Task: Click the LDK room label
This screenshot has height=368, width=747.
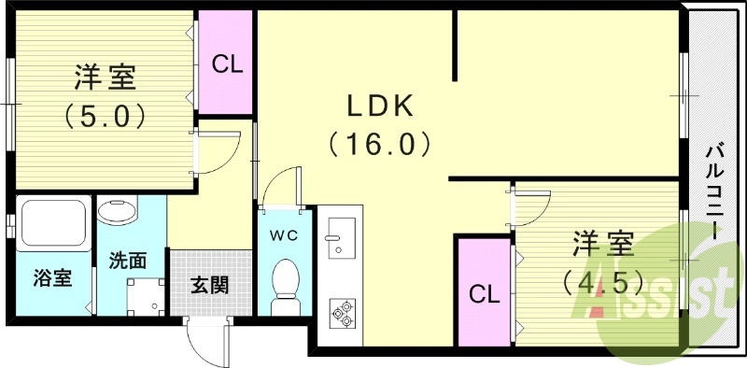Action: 380,107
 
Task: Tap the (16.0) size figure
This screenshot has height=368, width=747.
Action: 379,144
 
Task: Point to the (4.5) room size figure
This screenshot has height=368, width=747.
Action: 602,280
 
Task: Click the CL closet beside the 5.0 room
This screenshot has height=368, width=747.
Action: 227,64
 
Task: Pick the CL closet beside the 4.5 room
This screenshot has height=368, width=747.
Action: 484,294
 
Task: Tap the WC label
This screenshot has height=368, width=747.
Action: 285,235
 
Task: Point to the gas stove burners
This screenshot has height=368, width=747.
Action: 340,312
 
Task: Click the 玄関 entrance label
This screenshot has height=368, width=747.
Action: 209,285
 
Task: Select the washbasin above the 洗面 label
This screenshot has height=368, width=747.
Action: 119,210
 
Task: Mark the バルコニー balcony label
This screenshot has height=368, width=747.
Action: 715,191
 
